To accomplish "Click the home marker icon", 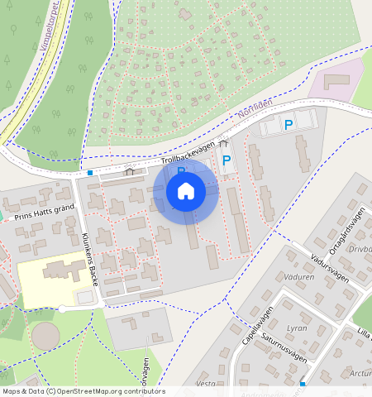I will (x=186, y=191).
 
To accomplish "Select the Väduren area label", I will (x=298, y=277).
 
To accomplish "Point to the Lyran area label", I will (x=296, y=328).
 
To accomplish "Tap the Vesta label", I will (x=206, y=384).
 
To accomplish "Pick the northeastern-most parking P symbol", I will (x=289, y=125).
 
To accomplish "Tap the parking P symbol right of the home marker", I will (x=226, y=160).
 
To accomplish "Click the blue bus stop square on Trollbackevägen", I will (x=89, y=173).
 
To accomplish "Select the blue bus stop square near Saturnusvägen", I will (x=303, y=384).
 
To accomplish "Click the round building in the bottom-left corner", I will (x=46, y=336).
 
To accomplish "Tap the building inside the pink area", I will (x=336, y=81).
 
